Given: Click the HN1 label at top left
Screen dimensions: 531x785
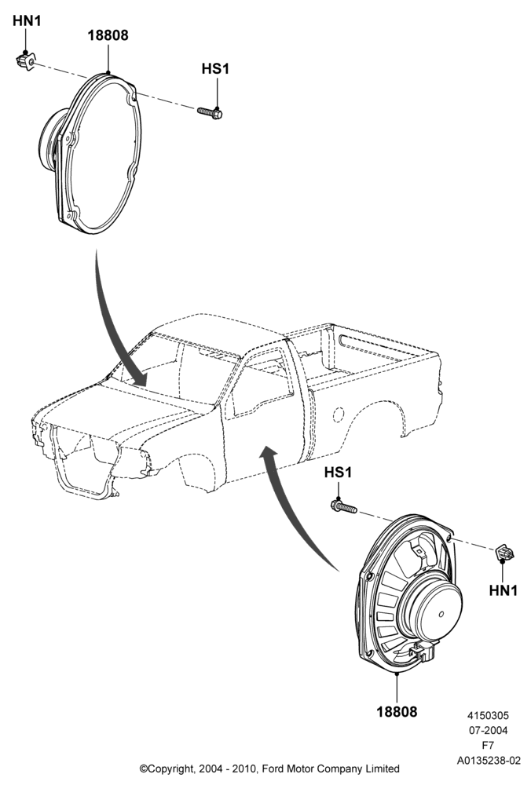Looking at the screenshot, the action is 27,21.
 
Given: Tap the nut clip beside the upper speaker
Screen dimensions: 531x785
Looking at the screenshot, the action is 26,61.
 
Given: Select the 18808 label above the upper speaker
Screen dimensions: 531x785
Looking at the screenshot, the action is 108,35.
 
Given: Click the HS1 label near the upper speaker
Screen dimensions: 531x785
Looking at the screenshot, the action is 215,68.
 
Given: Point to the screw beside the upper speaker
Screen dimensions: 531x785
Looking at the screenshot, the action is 210,112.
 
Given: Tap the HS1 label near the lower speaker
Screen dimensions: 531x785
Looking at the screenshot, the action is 338,472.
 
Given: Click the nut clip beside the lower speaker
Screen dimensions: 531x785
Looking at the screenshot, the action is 504,553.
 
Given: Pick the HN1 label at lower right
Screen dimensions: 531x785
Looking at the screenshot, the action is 503,591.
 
